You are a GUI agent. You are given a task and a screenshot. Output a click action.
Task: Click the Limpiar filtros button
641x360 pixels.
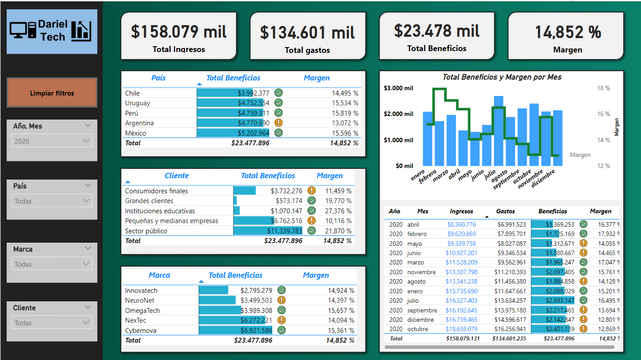pyautogui.click(x=52, y=93)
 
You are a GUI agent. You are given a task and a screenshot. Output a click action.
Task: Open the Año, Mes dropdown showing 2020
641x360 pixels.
pyautogui.click(x=52, y=141)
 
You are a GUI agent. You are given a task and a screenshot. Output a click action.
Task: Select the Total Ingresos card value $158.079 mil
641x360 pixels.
pyautogui.click(x=179, y=32)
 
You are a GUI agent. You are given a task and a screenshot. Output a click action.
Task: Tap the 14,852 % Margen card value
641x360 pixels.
pyautogui.click(x=568, y=32)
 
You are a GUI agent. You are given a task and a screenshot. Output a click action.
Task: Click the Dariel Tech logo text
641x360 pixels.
pyautogui.click(x=53, y=31)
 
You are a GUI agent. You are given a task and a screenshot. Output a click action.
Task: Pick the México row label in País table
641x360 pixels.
pyautogui.click(x=135, y=133)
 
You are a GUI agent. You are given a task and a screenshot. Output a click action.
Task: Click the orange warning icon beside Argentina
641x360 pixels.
pyautogui.click(x=279, y=123)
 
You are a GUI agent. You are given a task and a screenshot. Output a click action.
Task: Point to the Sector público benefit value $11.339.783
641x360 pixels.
pyautogui.click(x=284, y=231)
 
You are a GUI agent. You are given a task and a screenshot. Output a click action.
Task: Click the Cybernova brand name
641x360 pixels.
pyautogui.click(x=141, y=330)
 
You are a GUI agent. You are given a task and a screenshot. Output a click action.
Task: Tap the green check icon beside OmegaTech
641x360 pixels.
pyautogui.click(x=281, y=310)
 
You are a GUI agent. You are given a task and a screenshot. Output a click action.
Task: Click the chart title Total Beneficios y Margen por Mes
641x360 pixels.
pyautogui.click(x=502, y=77)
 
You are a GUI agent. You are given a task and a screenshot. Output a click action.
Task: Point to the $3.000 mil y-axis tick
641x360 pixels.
pyautogui.click(x=398, y=88)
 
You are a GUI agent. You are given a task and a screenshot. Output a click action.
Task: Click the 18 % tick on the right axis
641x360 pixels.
pyautogui.click(x=604, y=88)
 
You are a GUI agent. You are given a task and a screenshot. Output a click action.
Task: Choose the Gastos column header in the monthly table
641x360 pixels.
pyautogui.click(x=506, y=212)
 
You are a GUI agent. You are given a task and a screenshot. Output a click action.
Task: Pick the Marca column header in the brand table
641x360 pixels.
pyautogui.click(x=159, y=275)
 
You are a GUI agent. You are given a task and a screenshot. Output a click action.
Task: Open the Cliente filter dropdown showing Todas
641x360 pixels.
pyautogui.click(x=52, y=323)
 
